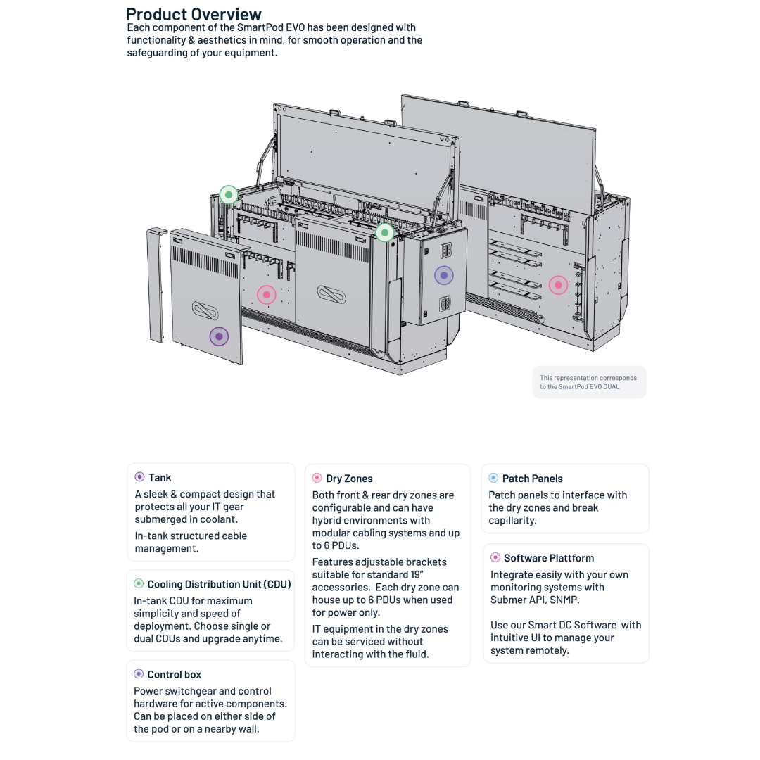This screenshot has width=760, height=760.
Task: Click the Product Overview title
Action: click(194, 14)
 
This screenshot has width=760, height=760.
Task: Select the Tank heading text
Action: click(160, 478)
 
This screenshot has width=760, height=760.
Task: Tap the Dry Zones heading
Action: click(349, 479)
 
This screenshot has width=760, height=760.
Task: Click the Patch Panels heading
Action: click(532, 479)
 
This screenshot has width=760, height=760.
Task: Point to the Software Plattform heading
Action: click(548, 558)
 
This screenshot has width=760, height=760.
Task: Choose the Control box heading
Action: click(174, 674)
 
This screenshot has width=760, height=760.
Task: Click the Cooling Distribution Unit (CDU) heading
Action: click(219, 584)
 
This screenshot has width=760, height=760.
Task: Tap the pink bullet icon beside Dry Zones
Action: click(317, 478)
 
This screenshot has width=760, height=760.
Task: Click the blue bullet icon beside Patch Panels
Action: click(493, 478)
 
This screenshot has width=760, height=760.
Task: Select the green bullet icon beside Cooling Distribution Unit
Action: click(139, 583)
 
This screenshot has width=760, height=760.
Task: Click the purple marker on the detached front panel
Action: click(219, 336)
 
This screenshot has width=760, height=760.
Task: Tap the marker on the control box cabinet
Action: click(443, 275)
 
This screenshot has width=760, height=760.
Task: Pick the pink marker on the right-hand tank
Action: click(558, 285)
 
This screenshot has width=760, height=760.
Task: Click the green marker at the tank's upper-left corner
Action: click(228, 195)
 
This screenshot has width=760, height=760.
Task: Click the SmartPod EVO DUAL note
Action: click(588, 382)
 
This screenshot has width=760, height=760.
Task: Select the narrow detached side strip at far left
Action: click(157, 285)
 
